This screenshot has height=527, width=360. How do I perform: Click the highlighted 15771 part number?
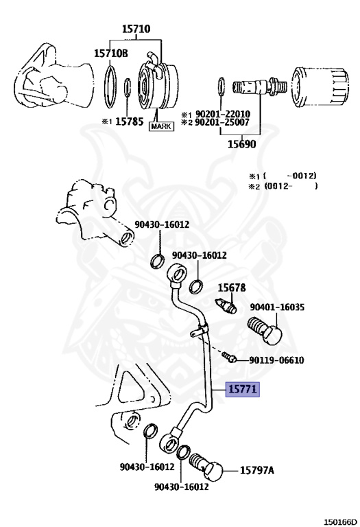243,390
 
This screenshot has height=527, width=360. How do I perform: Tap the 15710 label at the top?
136,29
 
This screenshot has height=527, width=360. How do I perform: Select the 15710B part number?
111,53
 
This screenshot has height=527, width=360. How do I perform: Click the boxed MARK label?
161,126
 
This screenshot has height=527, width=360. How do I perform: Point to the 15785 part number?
130,121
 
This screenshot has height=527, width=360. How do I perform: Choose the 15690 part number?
242,144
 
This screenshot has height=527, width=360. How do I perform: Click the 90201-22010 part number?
223,114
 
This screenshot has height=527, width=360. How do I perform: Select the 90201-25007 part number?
223,122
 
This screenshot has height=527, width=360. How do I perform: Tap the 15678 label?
232,288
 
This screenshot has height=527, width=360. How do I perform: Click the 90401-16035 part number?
277,307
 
